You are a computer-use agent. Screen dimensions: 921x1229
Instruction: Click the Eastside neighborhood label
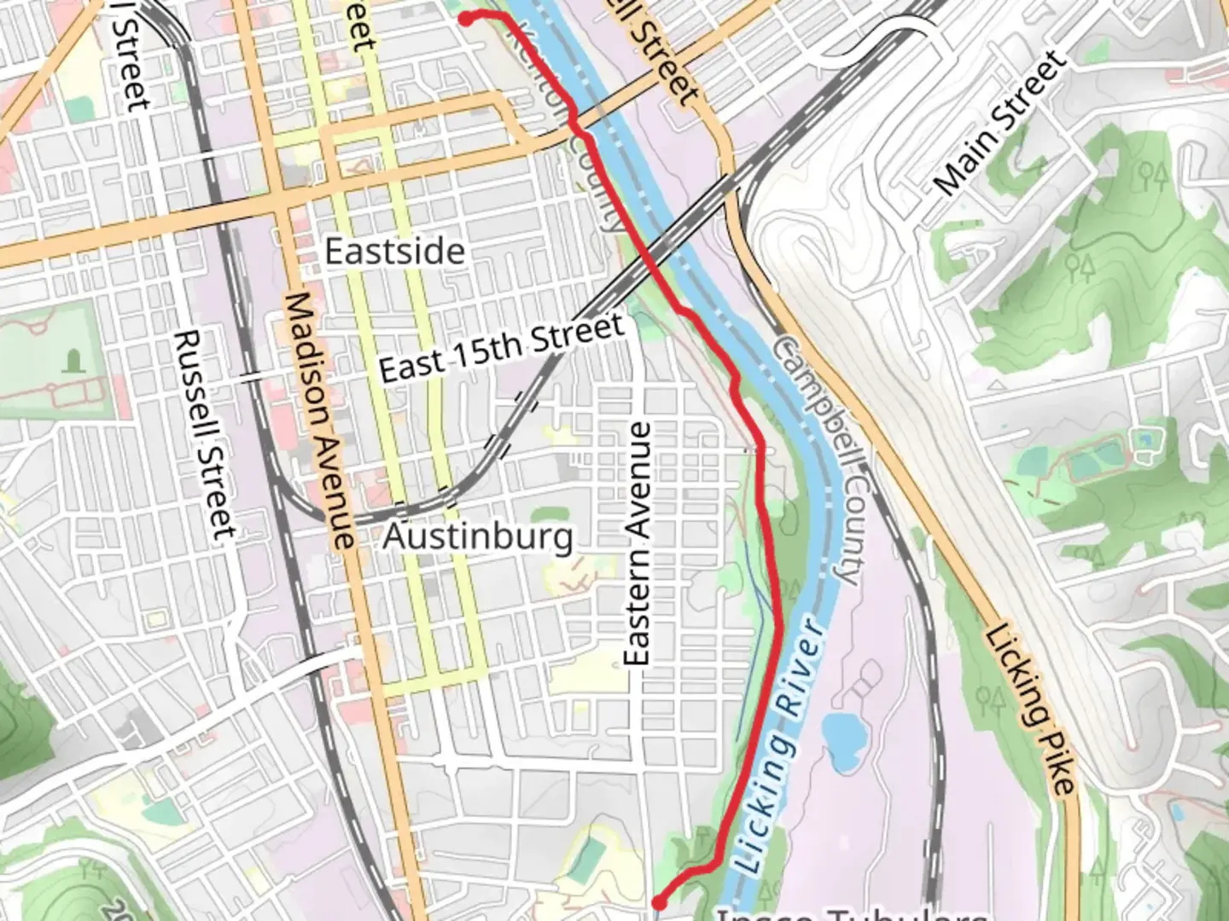(395, 252)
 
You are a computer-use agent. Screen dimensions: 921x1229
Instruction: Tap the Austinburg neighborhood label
(477, 537)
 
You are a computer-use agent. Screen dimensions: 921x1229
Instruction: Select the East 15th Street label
(502, 349)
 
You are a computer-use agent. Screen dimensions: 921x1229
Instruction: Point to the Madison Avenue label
(319, 420)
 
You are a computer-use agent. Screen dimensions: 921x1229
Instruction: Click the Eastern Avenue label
(638, 544)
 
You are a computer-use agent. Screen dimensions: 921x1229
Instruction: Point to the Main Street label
(999, 125)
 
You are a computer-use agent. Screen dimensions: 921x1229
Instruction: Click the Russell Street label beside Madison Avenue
(205, 435)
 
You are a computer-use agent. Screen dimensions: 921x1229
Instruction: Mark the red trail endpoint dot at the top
(466, 19)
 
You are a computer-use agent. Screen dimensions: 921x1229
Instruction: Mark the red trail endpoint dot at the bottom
(660, 901)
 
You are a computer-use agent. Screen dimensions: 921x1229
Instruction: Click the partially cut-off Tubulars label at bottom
(853, 914)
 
